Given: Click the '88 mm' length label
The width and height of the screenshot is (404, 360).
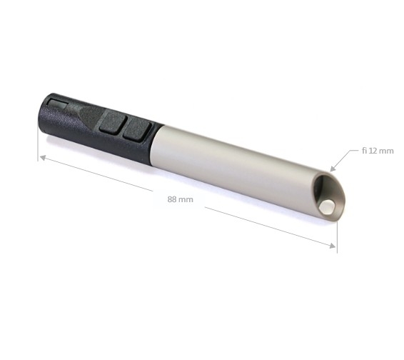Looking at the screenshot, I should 180,199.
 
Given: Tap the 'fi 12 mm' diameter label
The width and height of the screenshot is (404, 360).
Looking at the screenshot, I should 378,151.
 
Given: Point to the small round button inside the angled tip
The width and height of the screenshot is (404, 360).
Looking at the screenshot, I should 326,206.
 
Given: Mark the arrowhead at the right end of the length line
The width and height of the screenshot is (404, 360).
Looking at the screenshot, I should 332,246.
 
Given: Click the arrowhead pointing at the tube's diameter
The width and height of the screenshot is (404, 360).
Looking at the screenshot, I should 333,168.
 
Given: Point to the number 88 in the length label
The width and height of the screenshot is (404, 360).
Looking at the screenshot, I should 172,199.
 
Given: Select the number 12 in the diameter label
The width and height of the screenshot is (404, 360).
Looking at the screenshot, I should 373,151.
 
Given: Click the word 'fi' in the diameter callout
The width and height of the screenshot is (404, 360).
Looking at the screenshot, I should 363,151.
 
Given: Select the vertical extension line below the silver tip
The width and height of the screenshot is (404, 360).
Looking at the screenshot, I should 336,236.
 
